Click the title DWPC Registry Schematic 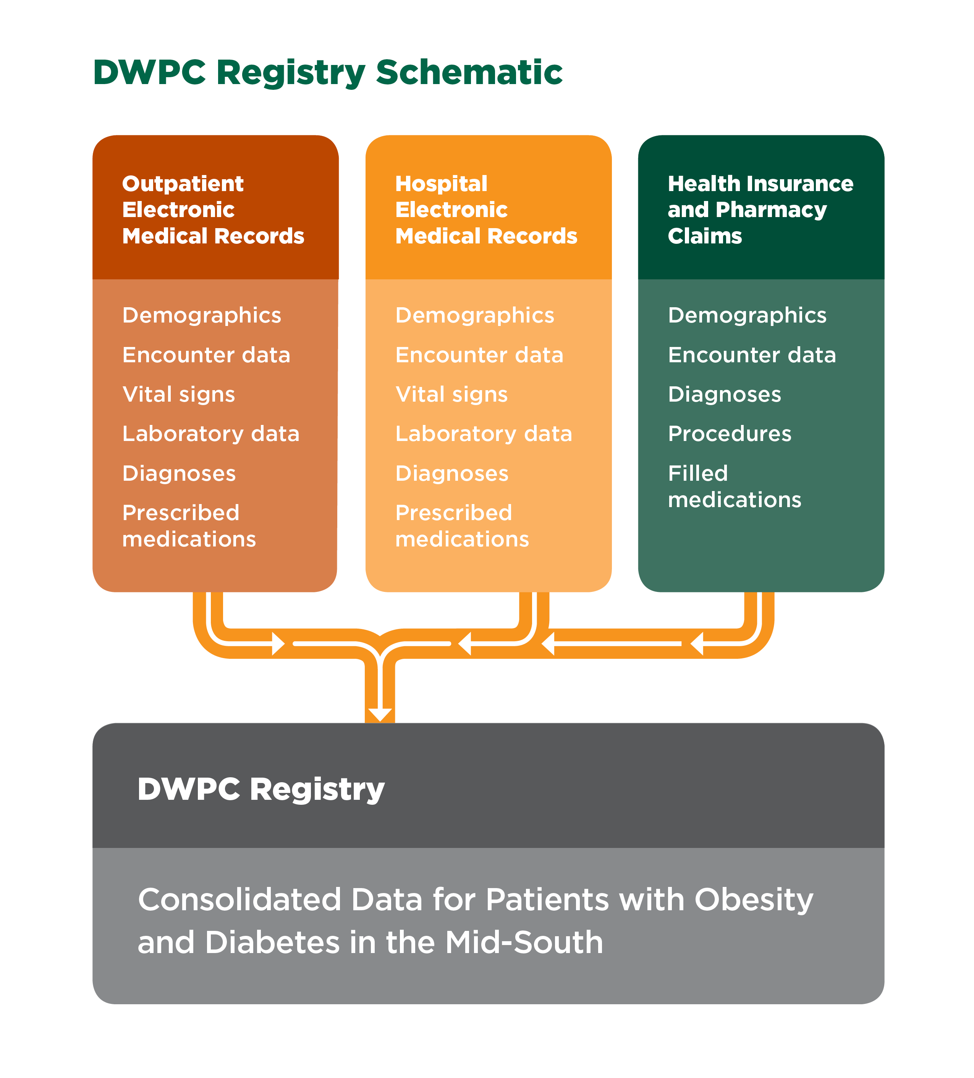coord(327,73)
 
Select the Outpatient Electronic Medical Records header coord(213,210)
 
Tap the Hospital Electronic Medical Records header coord(486,210)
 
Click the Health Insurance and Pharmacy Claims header coord(760,210)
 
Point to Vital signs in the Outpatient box coord(178,395)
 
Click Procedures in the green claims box coord(730,434)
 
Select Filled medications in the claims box coord(735,486)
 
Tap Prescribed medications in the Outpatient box coord(189,526)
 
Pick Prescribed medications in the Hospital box coord(462,526)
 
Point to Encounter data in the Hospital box coord(479,355)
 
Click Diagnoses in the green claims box coord(724,395)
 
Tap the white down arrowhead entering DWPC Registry coord(380,714)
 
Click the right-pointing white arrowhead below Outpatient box coord(278,643)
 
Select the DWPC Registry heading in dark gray coord(261,789)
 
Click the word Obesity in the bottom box coord(753,900)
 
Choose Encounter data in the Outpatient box coord(206,355)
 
